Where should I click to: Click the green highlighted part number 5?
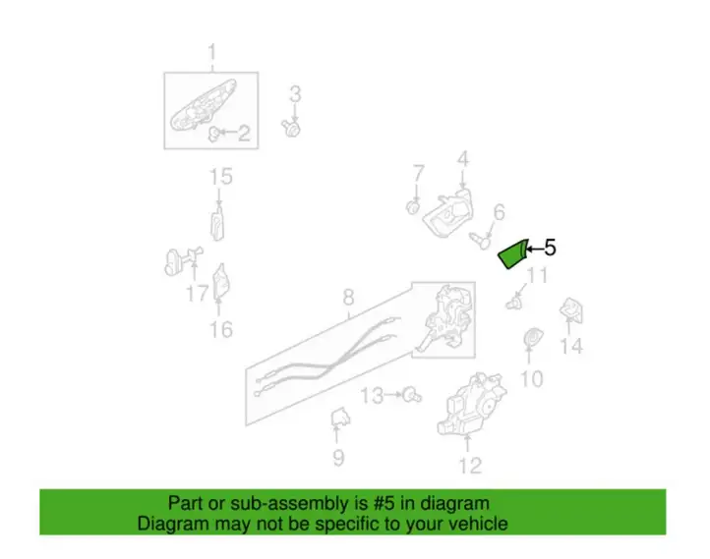point(513,253)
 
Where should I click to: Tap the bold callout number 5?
point(550,248)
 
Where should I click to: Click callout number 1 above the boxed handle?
point(211,52)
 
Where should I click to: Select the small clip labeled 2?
point(213,134)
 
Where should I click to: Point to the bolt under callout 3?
point(292,129)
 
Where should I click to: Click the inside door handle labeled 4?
point(448,212)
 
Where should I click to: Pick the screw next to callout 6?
point(479,240)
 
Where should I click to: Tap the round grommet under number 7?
point(413,207)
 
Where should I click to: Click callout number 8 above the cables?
point(348,298)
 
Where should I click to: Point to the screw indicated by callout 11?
point(513,303)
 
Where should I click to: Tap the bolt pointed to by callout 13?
point(412,395)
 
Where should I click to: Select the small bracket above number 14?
point(571,310)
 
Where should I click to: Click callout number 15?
point(221,177)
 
